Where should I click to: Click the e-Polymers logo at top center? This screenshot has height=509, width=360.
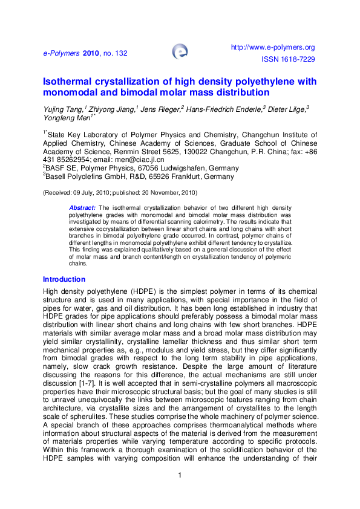pyautogui.click(x=180, y=51)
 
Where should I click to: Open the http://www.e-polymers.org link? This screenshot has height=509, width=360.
pyautogui.click(x=273, y=47)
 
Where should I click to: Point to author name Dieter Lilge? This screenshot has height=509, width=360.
pyautogui.click(x=287, y=109)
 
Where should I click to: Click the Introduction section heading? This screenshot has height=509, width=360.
pyautogui.click(x=64, y=279)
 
